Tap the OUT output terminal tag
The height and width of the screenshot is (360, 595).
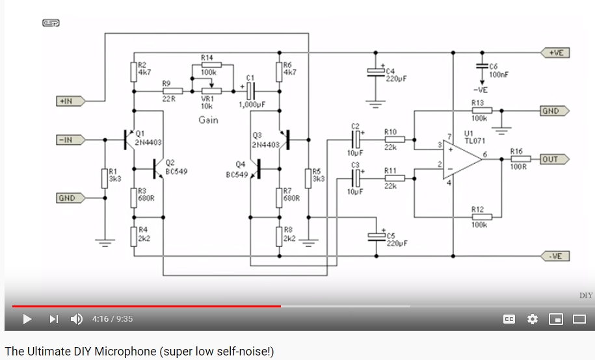(x=553, y=159)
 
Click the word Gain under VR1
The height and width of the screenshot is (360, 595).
(x=208, y=120)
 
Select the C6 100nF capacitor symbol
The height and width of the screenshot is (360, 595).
(x=481, y=67)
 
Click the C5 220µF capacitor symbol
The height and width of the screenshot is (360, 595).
(x=374, y=236)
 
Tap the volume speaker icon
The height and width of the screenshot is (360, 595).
(x=76, y=319)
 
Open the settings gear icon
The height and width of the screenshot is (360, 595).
(x=533, y=319)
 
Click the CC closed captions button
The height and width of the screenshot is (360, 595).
(x=509, y=319)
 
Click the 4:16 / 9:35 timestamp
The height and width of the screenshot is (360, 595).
(x=112, y=319)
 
